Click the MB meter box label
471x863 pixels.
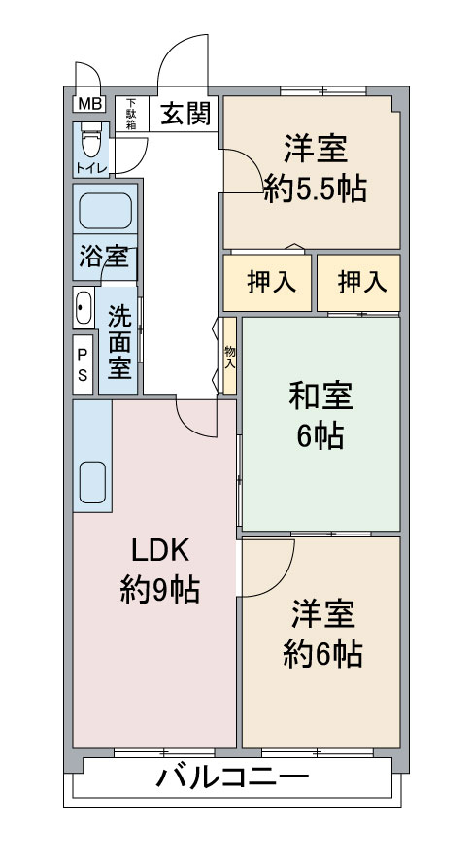point(87,103)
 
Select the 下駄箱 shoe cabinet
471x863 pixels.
point(131,114)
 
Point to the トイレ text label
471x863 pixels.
point(90,168)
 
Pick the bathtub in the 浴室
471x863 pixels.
point(105,210)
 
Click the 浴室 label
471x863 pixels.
point(104,257)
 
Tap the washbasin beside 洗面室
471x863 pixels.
point(84,307)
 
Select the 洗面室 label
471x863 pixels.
point(119,342)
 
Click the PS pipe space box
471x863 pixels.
point(83,364)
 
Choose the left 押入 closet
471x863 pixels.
point(267,283)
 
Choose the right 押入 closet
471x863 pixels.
point(358,283)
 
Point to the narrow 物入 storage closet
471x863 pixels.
point(230,356)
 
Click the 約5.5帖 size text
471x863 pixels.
point(316,190)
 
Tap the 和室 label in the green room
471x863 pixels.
point(320,397)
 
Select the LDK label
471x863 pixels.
point(160,550)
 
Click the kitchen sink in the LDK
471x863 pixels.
point(92,482)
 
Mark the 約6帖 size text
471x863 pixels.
point(323,655)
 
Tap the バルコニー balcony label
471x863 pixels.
point(232,778)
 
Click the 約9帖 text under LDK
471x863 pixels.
point(160,591)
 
